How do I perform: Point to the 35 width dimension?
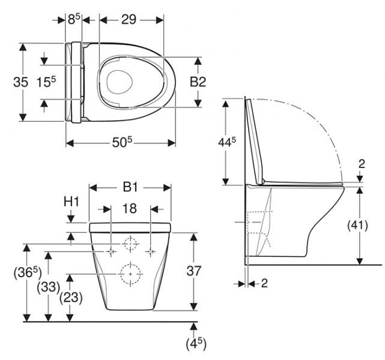tap(21, 82)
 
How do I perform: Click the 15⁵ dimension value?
tap(46, 82)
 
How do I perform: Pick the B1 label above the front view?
tap(130, 187)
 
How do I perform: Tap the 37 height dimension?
tap(193, 271)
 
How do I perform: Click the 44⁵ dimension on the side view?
tap(226, 142)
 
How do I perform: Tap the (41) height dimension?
tap(359, 226)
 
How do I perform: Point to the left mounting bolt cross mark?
tap(111, 251)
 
